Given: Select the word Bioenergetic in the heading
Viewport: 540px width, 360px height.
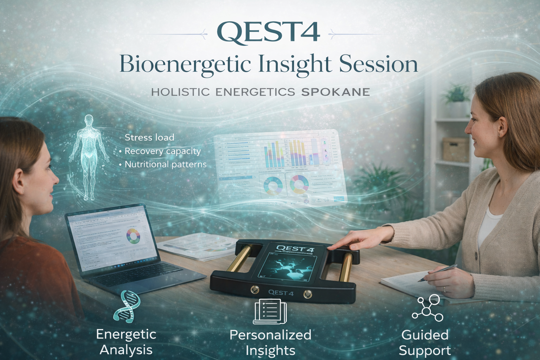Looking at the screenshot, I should tap(185, 64).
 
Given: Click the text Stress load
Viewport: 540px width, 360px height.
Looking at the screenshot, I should tap(149, 137).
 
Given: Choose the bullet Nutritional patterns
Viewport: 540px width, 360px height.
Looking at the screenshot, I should tap(166, 164).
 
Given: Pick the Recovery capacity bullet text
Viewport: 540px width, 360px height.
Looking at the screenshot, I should tap(163, 151).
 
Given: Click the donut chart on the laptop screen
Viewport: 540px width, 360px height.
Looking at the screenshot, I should tap(133, 236).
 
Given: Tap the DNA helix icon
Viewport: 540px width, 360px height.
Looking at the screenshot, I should tap(127, 306).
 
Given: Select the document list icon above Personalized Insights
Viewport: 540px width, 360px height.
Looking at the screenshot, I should tap(270, 311).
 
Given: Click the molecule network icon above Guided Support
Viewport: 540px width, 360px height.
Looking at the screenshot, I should tap(427, 308).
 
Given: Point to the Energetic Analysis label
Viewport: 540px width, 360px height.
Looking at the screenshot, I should tap(126, 342).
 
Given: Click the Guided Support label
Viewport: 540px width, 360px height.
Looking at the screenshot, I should tap(425, 342).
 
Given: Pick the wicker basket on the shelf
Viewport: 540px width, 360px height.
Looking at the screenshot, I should tap(455, 149).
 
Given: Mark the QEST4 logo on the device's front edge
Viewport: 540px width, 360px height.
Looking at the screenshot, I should tap(281, 292).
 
